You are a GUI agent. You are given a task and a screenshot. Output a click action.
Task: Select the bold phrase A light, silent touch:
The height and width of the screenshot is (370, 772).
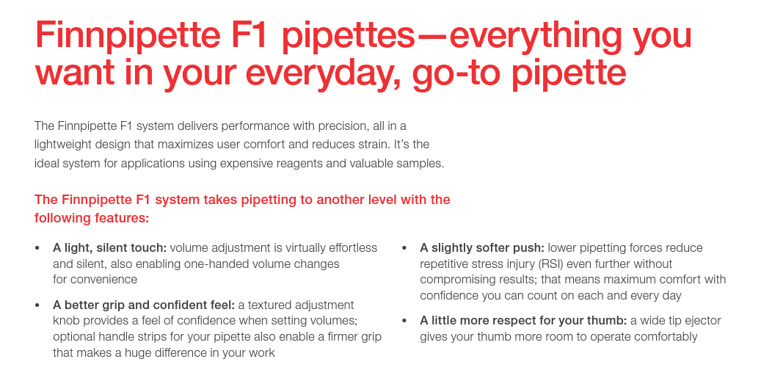coord(110,248)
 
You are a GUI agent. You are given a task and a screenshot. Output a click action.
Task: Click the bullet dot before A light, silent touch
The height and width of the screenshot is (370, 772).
coord(37,248)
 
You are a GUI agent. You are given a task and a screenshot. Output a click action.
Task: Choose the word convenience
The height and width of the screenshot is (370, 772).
coord(103,280)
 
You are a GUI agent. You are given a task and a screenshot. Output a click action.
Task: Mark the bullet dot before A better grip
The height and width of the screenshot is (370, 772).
coord(37,305)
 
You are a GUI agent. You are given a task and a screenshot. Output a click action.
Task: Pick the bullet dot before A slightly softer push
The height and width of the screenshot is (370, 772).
coord(404,248)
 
